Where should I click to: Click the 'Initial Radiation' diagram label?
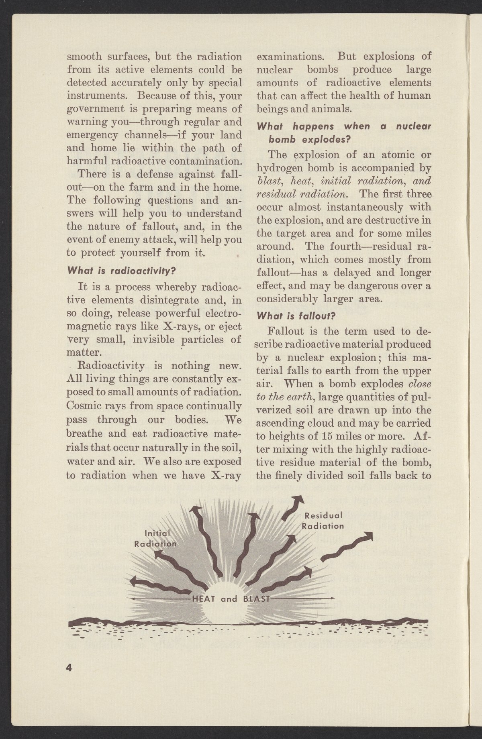156,538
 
